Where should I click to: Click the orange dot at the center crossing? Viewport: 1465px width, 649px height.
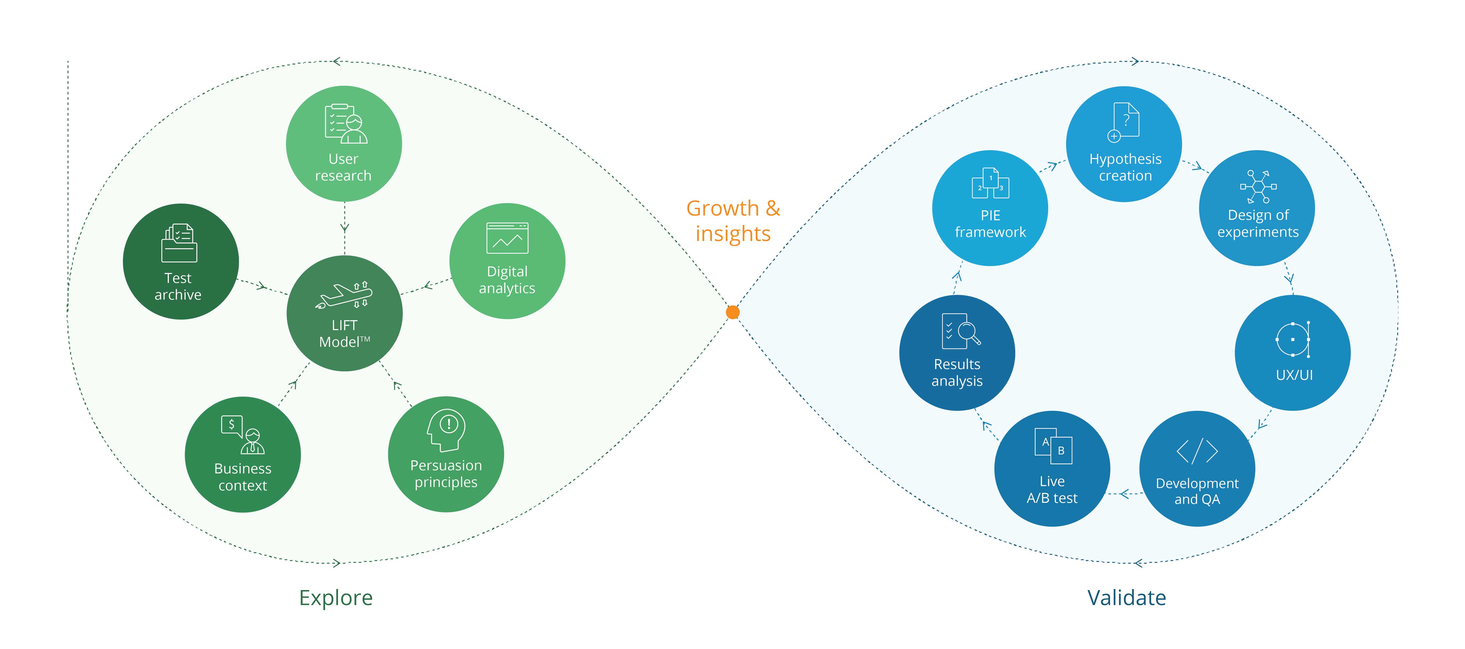(732, 312)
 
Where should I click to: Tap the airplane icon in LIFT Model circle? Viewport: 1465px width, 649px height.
(344, 295)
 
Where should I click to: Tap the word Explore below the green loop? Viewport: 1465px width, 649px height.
(336, 598)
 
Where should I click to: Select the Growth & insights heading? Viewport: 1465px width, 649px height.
(733, 221)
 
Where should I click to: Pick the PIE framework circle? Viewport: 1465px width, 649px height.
(990, 208)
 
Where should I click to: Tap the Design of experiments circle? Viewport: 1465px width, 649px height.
(1257, 208)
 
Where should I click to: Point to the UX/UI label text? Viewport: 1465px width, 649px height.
(1294, 375)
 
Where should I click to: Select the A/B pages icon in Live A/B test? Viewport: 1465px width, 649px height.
(1053, 446)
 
